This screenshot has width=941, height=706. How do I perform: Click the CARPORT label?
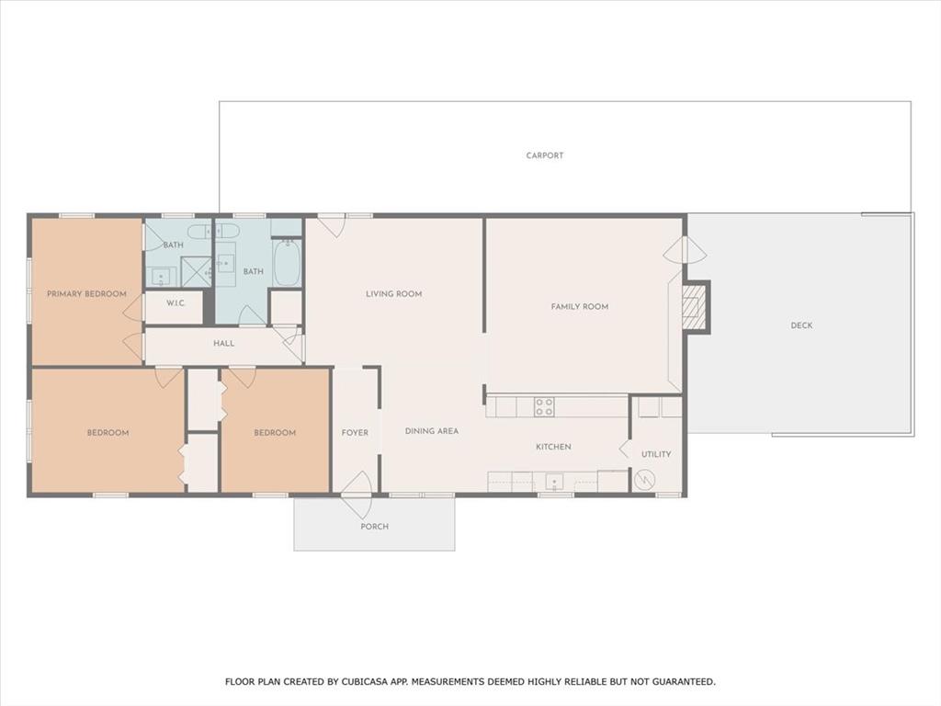(545, 155)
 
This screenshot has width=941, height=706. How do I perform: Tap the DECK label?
(801, 325)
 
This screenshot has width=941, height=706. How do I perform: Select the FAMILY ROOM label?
(580, 307)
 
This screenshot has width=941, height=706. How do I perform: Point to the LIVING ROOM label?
(393, 294)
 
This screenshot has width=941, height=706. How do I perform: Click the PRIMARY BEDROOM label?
(86, 294)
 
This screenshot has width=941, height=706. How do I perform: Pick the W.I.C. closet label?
(177, 303)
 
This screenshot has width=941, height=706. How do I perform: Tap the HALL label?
(223, 344)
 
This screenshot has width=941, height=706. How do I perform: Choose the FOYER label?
(355, 433)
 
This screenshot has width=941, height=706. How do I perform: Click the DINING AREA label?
(432, 431)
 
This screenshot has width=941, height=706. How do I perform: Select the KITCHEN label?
(553, 447)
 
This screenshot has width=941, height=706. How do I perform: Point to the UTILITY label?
(656, 454)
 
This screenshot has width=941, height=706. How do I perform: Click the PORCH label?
(374, 527)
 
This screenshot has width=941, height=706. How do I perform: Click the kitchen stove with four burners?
(544, 406)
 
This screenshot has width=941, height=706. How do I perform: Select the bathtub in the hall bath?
(287, 264)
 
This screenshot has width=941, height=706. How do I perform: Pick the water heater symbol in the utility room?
(644, 479)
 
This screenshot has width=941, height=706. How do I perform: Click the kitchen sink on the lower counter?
(554, 481)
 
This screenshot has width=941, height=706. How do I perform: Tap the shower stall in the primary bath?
(196, 272)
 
